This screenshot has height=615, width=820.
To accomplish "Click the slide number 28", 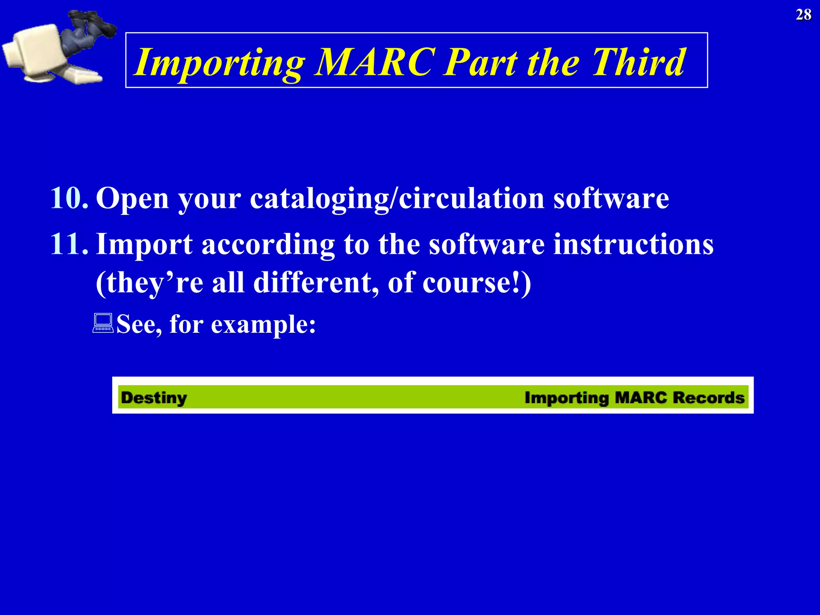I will pos(803,15).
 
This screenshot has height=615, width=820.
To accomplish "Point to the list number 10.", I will pos(69,198).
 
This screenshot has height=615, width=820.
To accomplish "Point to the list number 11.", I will pos(69,244).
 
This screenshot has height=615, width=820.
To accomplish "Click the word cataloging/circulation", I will pos(397,199).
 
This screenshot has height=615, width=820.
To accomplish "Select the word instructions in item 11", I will pos(633,244).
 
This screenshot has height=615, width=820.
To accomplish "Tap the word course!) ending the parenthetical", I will pos(476,283).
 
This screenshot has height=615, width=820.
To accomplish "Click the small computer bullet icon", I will pos(103,324).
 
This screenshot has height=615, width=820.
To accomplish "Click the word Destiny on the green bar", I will pos(154,398).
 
